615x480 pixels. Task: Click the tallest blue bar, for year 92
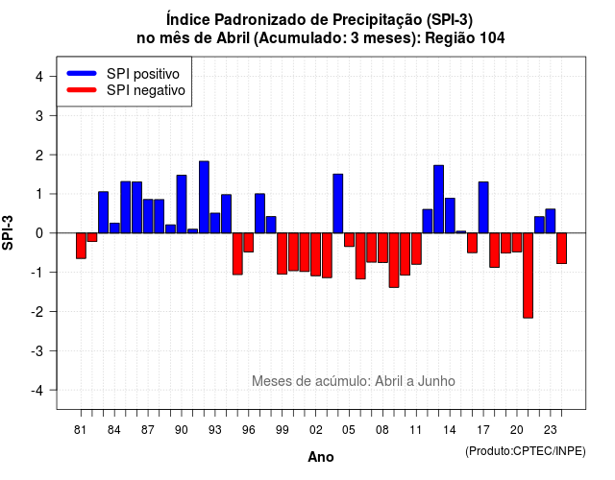[x=204, y=197]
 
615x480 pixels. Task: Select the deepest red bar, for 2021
[x=528, y=276]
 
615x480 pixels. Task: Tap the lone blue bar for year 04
[x=338, y=204]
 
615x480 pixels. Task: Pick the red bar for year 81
[x=81, y=246]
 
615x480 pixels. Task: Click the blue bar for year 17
[x=483, y=207]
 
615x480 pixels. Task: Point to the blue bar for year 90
[x=182, y=204]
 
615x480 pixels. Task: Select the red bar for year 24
[x=561, y=249]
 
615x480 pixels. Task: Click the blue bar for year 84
[x=114, y=228]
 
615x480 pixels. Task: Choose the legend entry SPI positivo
[x=123, y=74]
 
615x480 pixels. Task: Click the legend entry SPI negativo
[x=126, y=90]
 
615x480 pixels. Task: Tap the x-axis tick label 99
[x=282, y=430]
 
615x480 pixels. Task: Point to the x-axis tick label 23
[x=551, y=430]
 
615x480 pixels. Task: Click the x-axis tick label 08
[x=382, y=430]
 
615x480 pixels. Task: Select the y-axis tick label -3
[x=37, y=350]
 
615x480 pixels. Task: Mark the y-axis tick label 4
[x=39, y=76]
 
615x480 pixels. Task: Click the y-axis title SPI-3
[x=8, y=232]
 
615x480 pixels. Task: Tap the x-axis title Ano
[x=321, y=457]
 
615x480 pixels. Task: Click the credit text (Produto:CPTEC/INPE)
[x=526, y=451]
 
